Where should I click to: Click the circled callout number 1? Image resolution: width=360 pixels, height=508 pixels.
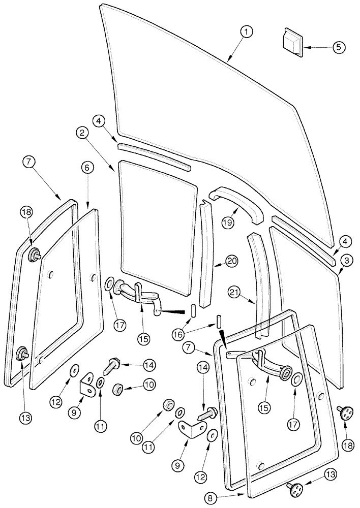247,33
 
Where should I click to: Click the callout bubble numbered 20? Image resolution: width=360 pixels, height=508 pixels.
232,262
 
